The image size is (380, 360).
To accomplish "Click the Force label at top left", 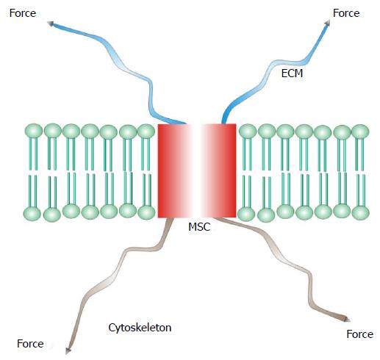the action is point(23,13).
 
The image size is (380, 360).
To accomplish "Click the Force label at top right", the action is point(346,13).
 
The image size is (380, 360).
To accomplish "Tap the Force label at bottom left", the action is point(30,344).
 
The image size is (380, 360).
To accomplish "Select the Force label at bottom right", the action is point(360,334).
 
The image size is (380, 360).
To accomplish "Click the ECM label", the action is point(292,73).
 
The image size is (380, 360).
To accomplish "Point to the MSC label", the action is point(199,227).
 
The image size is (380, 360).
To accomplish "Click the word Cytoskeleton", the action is point(140,328).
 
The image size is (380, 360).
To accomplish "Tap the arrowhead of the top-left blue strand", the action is point(50,24).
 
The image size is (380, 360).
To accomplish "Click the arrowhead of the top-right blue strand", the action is point(327,23).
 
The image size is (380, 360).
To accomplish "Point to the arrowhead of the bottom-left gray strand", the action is point(68,351).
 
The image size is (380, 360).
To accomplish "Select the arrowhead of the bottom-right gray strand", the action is point(347,319).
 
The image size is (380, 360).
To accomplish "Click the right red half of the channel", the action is point(219,170).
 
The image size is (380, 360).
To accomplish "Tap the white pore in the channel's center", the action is point(196,170).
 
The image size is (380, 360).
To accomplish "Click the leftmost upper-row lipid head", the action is point(34,131).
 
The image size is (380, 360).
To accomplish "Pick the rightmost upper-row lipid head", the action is point(360,132).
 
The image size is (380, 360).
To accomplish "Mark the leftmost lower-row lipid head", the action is point(32,214).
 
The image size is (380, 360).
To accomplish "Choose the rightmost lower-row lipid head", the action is point(361,213).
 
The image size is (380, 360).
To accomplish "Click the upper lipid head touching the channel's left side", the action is point(146,131).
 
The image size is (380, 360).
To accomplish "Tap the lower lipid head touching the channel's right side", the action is point(246,214).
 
